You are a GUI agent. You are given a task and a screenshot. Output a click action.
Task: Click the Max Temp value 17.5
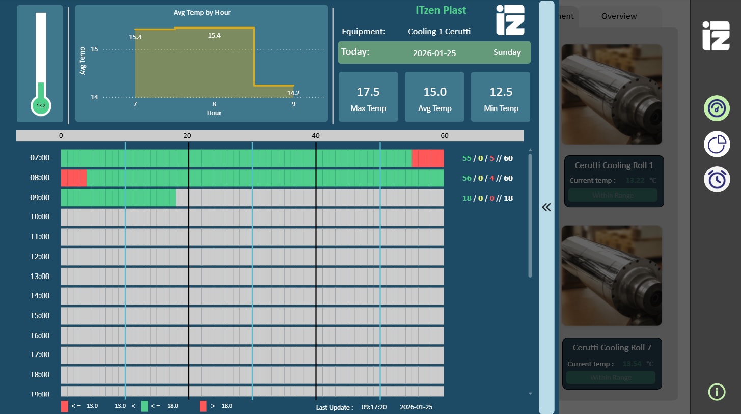[368, 92]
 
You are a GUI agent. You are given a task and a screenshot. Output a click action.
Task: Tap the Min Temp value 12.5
[501, 92]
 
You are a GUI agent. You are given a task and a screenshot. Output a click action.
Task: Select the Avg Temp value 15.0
[434, 92]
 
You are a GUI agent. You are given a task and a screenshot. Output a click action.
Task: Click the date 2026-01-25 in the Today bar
[434, 53]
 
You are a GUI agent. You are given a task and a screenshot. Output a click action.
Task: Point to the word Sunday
[507, 52]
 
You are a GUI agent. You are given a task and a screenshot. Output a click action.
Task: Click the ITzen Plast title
[441, 10]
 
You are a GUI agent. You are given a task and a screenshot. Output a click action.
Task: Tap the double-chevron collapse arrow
[546, 207]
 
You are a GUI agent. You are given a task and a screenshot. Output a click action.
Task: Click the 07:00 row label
[40, 158]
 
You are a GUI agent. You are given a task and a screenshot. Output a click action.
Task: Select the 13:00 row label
[40, 276]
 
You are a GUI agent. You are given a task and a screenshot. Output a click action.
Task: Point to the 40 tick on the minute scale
[316, 136]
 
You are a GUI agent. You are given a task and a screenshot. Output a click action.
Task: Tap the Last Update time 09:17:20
[374, 407]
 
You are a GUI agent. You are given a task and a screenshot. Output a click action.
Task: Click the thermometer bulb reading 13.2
[41, 106]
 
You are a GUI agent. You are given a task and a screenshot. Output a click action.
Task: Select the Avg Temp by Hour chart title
[202, 12]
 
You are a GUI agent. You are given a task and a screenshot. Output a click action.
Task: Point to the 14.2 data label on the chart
[293, 93]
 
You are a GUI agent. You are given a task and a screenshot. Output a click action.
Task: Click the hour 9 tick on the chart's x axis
[293, 104]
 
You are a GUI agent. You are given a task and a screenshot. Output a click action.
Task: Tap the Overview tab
[619, 16]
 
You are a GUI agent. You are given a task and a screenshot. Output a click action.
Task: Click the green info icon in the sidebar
[717, 392]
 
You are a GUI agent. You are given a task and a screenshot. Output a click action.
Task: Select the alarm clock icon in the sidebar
[717, 179]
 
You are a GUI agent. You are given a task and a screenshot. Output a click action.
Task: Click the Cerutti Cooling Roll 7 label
[612, 348]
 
